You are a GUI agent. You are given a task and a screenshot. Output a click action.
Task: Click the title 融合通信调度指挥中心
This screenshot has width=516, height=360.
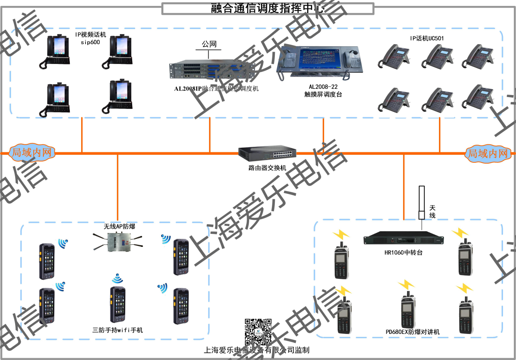pos(268,8)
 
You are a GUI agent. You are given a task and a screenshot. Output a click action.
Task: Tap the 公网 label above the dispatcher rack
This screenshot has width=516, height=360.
pos(209,44)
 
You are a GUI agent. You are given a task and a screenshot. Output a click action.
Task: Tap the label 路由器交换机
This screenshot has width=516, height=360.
pos(267,168)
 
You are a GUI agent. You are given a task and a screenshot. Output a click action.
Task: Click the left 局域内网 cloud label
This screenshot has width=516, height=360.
pos(32,152)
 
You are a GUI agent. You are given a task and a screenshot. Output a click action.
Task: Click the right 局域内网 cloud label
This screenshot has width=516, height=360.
pos(489,154)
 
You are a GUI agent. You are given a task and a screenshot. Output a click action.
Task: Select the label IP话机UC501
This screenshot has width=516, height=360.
pos(427,38)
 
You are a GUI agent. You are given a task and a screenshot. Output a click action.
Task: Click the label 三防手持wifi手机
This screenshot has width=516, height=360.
pos(117,330)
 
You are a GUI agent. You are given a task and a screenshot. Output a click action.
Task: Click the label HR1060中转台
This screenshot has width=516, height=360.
pos(403,252)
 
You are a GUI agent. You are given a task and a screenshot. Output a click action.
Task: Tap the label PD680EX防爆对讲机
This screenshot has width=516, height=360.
pos(412,332)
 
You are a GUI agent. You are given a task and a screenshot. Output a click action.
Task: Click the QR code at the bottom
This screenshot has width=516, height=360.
pos(258,332)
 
